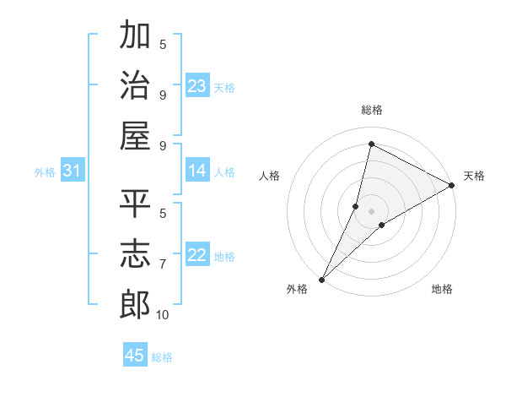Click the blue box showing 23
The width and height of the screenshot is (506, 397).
197,86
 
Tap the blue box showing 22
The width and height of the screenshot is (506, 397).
197,256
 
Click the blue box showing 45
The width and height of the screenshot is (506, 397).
135,356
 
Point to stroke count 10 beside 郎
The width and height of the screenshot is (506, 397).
162,315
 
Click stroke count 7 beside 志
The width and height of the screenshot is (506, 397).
162,264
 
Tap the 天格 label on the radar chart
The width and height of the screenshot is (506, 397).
474,176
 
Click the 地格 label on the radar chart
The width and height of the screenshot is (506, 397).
442,290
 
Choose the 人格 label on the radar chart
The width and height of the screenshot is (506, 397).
270,176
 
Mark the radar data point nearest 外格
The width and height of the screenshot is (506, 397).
321,279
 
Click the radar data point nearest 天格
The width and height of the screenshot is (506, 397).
452,185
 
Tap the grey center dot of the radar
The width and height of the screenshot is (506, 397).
371,210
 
